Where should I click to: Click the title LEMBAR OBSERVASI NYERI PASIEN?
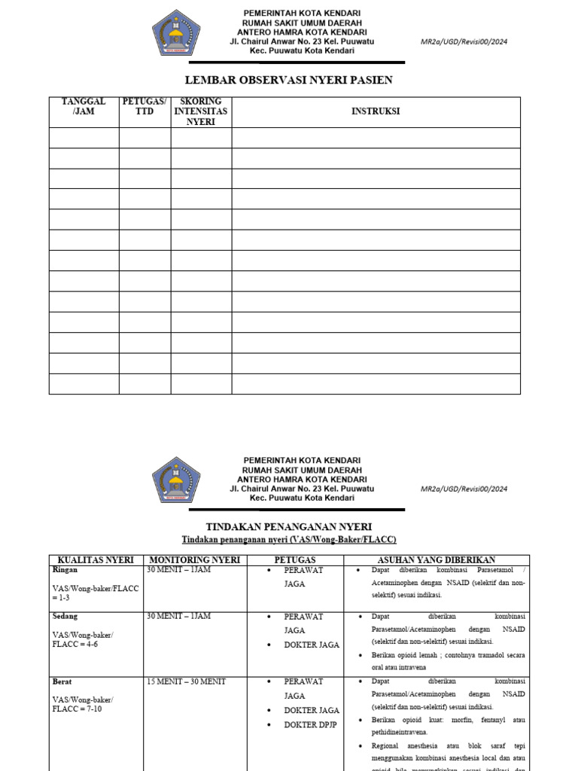click(x=289, y=80)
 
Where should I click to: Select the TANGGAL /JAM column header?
click(x=84, y=106)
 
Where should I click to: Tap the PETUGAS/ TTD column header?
click(x=144, y=106)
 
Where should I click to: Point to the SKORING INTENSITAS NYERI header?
click(x=201, y=111)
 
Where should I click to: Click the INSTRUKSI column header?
click(x=376, y=111)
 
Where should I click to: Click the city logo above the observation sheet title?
click(x=176, y=32)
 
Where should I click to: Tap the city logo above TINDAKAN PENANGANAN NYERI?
click(x=176, y=480)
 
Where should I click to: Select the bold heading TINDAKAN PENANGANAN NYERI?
click(x=289, y=526)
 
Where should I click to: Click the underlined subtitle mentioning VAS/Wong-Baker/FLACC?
click(x=289, y=540)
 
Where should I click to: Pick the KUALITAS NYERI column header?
click(x=96, y=560)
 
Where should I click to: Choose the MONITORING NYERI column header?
click(x=194, y=560)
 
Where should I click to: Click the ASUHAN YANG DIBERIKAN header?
click(x=436, y=560)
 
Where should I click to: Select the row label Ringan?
click(x=65, y=570)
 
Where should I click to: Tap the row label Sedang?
click(x=65, y=617)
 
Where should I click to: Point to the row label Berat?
click(x=62, y=681)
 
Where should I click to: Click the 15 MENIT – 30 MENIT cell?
click(x=186, y=681)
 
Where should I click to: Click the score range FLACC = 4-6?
click(x=75, y=645)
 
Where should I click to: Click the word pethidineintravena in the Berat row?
click(x=399, y=731)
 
